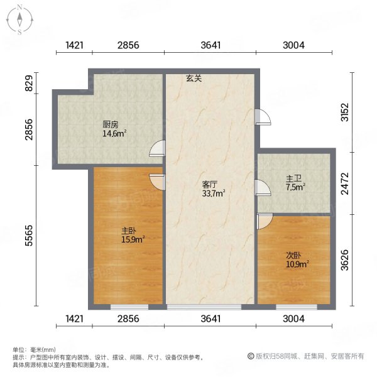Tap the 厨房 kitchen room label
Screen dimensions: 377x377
coord(111,124)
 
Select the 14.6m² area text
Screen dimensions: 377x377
coord(115,133)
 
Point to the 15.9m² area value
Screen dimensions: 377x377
coord(133,239)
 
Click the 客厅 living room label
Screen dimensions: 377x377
coord(209,185)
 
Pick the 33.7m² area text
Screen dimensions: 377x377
coord(214,194)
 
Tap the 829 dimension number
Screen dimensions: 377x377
coord(28,83)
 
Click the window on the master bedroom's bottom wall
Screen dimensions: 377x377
coord(129,307)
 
